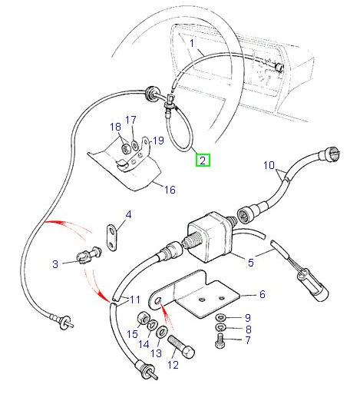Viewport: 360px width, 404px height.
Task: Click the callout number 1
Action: [192, 44]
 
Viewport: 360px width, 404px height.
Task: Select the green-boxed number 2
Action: [203, 161]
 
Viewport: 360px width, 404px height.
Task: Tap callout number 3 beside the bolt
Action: [54, 264]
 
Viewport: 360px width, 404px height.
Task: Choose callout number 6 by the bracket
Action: [261, 294]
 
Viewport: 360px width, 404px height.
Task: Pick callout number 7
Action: [247, 339]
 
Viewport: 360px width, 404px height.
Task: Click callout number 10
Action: [269, 164]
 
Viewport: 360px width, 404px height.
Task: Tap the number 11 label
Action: [134, 299]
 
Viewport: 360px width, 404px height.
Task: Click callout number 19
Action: [158, 140]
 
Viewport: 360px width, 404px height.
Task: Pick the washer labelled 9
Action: [221, 316]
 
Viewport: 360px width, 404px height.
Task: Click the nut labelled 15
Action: [143, 319]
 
